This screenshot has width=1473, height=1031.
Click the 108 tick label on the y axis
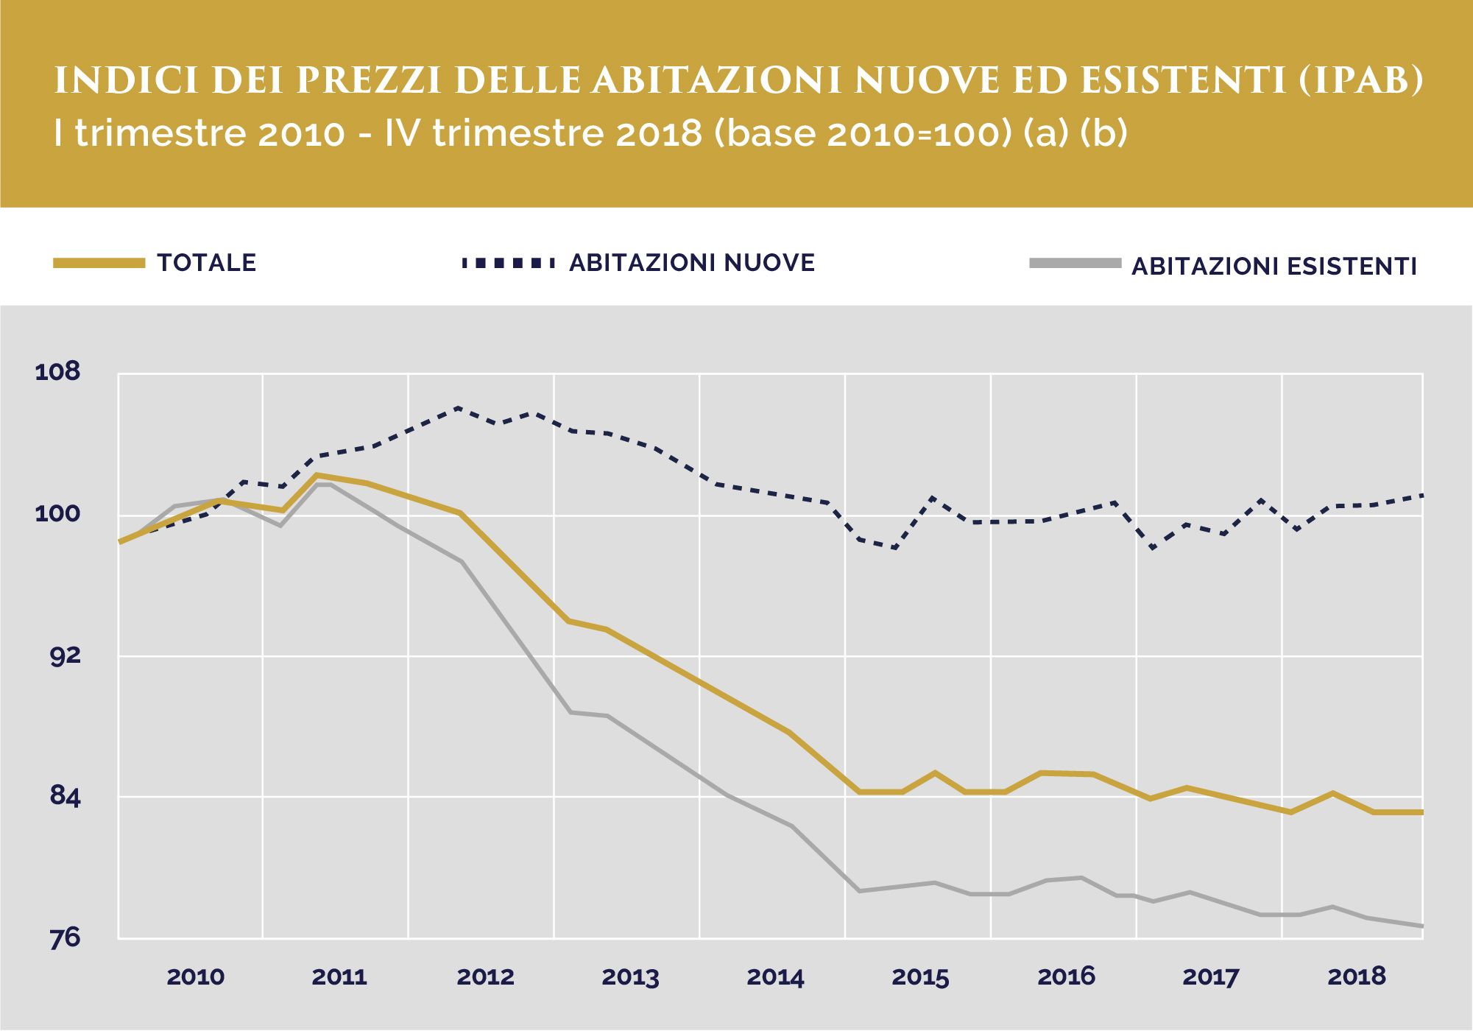coord(57,371)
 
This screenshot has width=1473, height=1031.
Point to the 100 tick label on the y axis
coord(57,513)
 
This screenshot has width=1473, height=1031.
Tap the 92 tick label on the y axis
coord(65,655)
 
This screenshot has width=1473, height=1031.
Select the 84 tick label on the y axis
coord(65,796)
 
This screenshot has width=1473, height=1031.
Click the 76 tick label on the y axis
coord(65,937)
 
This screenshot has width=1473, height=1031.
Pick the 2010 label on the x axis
coord(195,977)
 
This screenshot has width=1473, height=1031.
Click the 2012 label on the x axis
coord(485,977)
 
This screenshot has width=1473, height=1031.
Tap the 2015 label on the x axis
coord(920,977)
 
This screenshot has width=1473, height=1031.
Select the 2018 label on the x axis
coord(1356,977)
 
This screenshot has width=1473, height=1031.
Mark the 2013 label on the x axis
coord(630,977)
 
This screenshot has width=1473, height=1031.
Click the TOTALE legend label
coord(207,263)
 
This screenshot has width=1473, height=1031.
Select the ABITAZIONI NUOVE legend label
coord(692,263)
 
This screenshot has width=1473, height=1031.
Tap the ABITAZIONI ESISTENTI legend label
coord(1274,266)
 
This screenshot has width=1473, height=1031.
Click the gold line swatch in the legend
coord(99,263)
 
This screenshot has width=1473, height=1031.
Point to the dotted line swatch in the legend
coord(508,263)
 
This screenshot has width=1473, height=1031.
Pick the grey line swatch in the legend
coord(1075,263)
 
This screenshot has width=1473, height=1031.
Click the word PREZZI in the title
coord(369,81)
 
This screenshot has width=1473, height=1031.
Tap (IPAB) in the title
coord(1360,81)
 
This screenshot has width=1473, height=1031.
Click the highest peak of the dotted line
coord(458,407)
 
